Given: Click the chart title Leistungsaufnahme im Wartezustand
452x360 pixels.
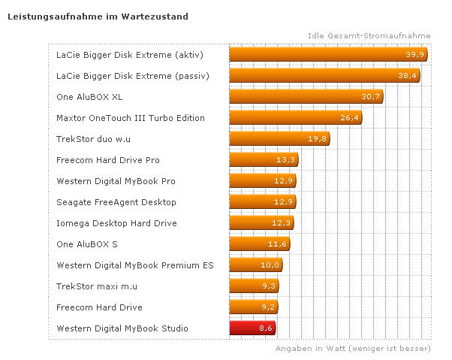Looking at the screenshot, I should point(98,15).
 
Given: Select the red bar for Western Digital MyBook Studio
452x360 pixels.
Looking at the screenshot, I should point(252,328).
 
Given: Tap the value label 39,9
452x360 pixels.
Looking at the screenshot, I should point(415,55).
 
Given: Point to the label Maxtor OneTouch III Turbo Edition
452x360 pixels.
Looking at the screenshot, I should point(131,118).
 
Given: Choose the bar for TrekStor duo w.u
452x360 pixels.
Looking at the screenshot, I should point(279,139).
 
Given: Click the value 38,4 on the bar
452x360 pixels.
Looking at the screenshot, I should point(408,76).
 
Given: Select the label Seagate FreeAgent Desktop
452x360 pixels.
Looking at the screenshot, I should point(116,202).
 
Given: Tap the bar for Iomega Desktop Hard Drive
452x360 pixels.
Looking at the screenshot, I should point(261,223).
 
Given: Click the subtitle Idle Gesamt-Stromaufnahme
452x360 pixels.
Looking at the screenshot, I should point(369,35).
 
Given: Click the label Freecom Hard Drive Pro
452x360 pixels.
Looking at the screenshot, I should point(108,160).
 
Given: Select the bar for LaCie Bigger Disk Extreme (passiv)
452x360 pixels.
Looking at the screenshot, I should point(324,76).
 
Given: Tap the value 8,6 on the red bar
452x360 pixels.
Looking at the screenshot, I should point(266,328).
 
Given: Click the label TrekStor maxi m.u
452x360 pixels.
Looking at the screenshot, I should point(97,286).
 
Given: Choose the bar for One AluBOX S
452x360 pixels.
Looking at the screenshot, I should point(259,244).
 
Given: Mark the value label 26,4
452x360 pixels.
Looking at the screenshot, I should point(351,118).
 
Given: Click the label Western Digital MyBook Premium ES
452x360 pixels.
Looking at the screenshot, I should point(134,265).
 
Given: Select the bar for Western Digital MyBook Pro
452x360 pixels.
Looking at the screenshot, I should point(262,181).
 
